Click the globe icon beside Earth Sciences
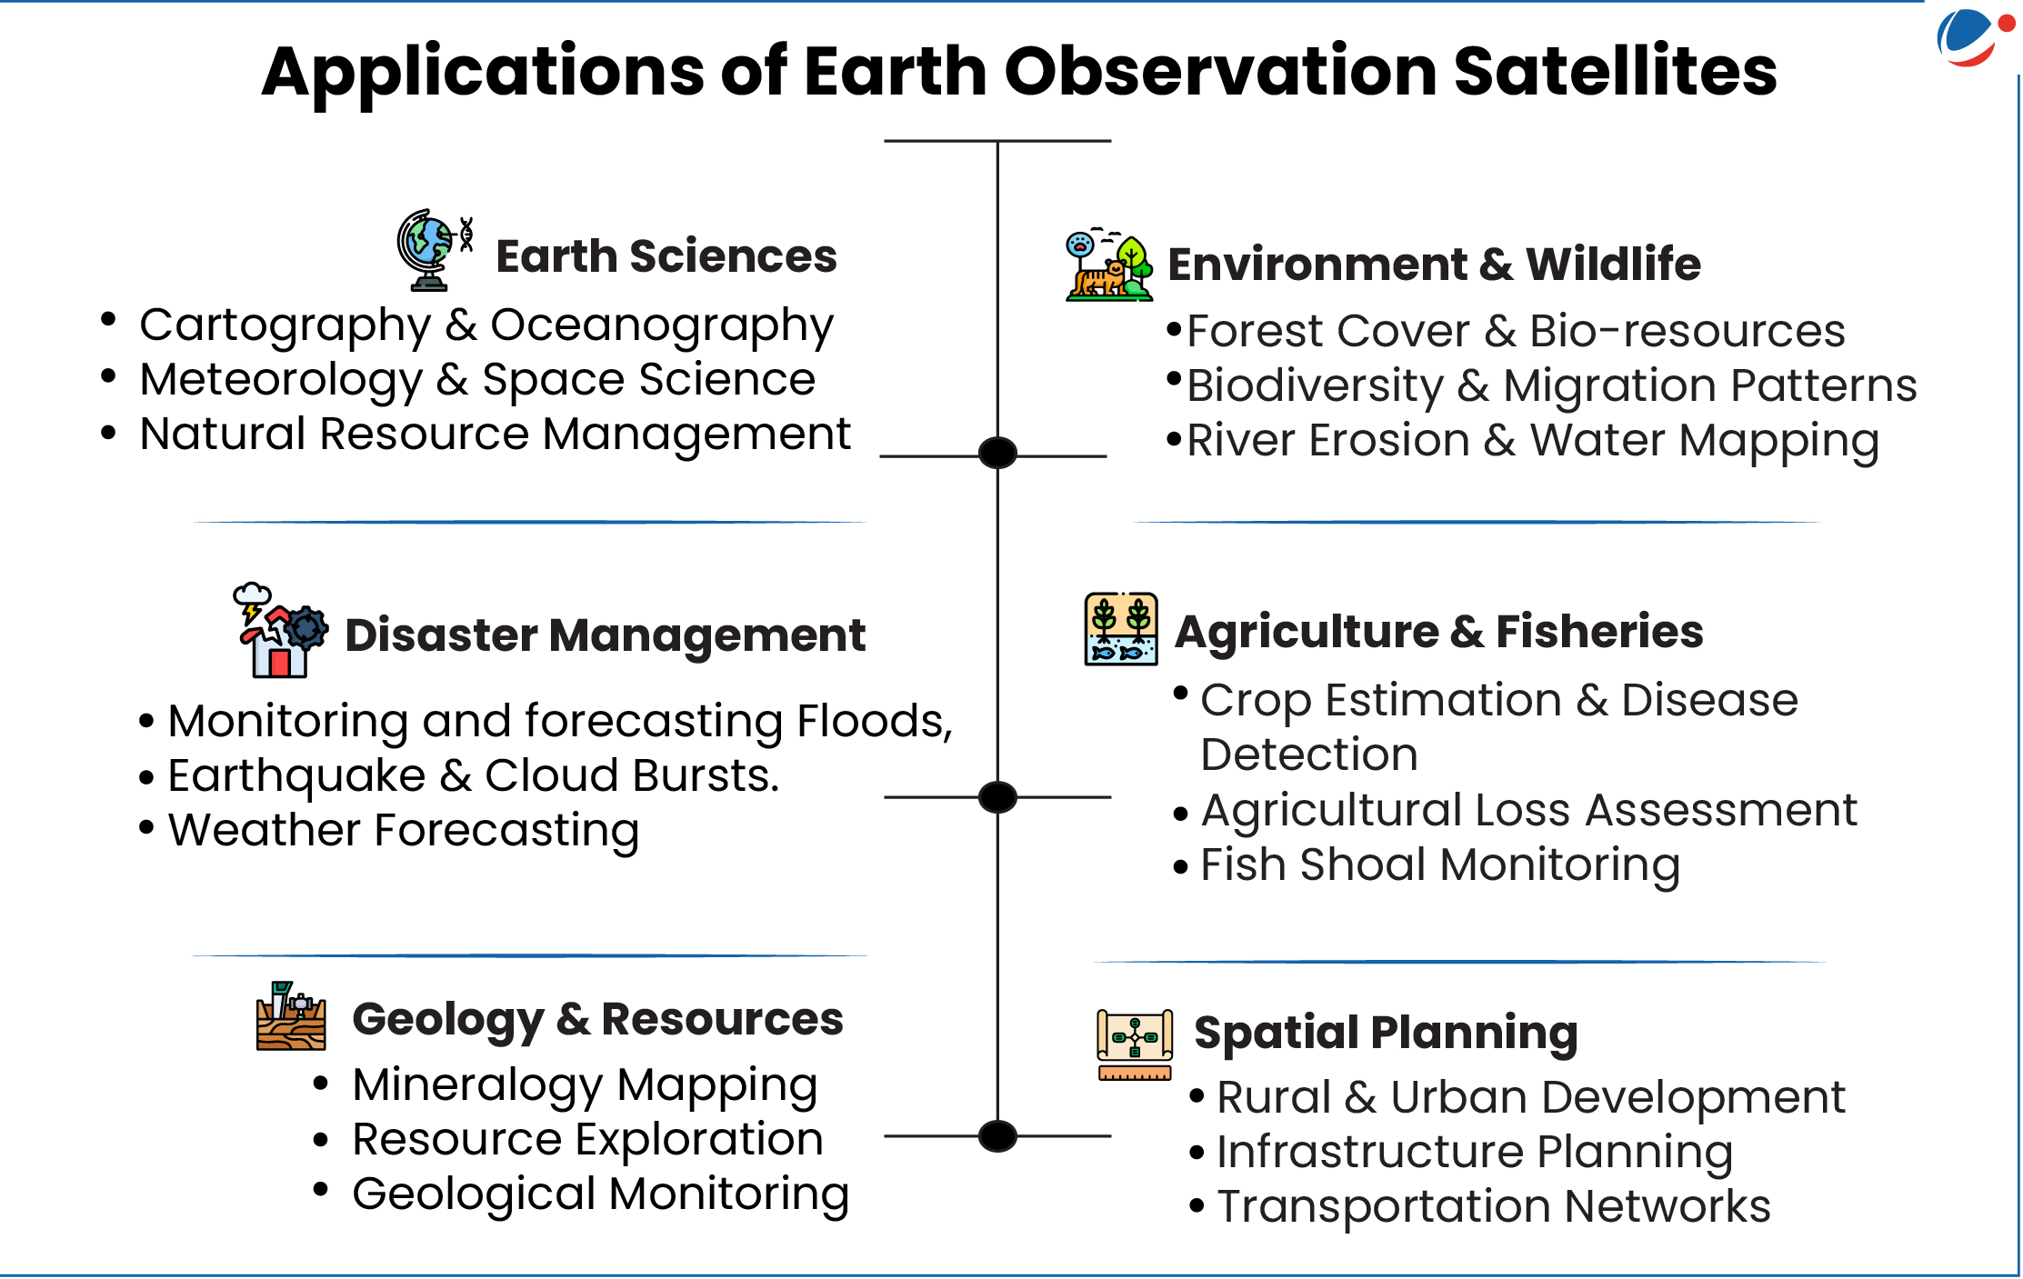pos(435,250)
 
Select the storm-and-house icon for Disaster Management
pos(280,630)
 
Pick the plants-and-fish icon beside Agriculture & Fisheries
pos(1121,629)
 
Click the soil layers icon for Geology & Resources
pos(291,1016)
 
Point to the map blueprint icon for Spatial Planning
pos(1135,1044)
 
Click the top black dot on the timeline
pos(997,452)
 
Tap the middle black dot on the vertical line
pos(997,797)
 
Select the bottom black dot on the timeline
pos(997,1136)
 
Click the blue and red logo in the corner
pos(1973,37)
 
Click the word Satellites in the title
pos(1615,71)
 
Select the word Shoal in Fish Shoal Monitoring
pos(1363,864)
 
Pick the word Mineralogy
pos(477,1086)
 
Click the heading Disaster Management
pos(605,635)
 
